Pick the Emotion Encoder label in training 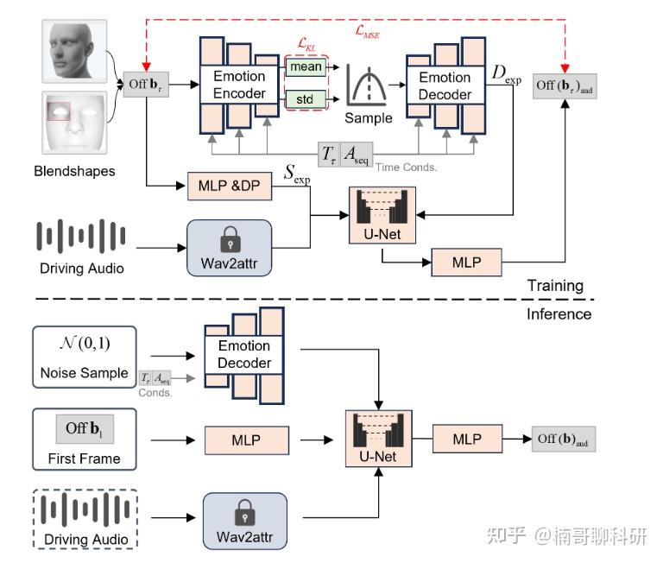[x=239, y=85]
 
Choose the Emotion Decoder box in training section [x=445, y=85]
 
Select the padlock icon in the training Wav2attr [x=229, y=237]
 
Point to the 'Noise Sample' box [x=85, y=356]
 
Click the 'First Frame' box [x=85, y=439]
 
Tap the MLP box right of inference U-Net [x=467, y=439]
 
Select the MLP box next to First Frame [x=245, y=439]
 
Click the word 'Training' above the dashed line [x=554, y=285]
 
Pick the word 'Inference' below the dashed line [x=559, y=313]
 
